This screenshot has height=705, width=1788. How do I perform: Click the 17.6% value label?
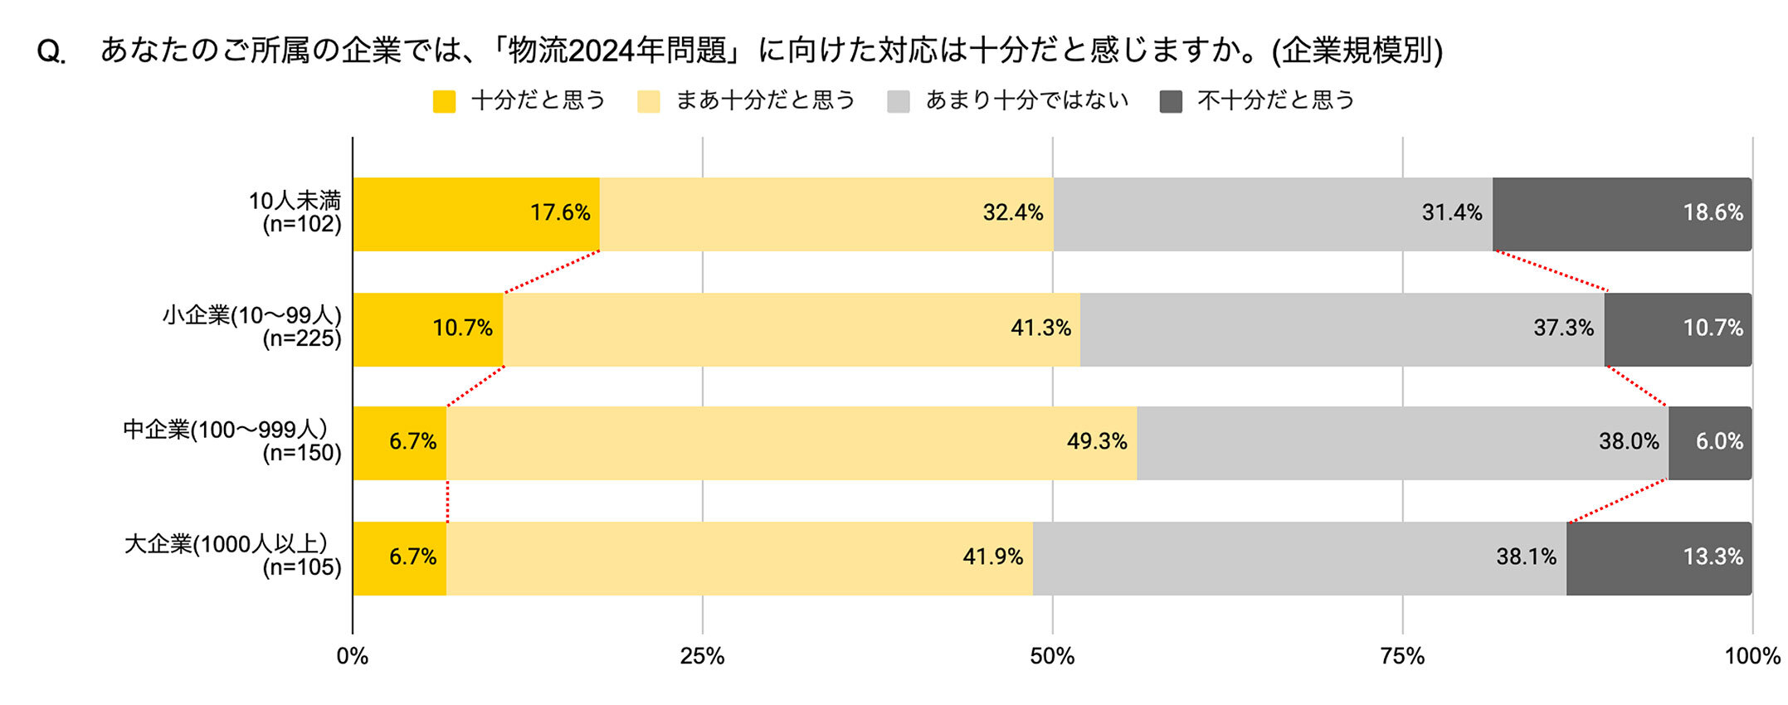(560, 213)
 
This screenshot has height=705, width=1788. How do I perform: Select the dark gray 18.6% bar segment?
(1621, 214)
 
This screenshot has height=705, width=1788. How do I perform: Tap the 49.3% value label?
(1097, 442)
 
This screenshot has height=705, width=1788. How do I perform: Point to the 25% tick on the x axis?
(702, 657)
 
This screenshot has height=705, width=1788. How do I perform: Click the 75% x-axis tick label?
(1402, 657)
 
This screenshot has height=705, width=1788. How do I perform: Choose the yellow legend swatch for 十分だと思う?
(444, 101)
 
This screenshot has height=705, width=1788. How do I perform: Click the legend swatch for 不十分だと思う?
(1171, 101)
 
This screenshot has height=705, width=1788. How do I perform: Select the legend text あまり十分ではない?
(1027, 100)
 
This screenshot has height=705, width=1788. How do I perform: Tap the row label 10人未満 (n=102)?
(295, 212)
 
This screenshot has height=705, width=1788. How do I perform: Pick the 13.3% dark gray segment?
(1658, 557)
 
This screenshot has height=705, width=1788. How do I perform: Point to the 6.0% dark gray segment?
(1709, 442)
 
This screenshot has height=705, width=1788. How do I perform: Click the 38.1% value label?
(1526, 557)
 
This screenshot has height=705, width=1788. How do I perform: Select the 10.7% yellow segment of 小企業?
(427, 328)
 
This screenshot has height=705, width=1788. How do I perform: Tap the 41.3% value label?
(1040, 328)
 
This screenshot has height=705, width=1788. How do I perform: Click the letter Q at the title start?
(50, 52)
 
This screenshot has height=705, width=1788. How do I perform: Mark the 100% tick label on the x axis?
(1751, 657)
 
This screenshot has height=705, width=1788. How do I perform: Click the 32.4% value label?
(1012, 213)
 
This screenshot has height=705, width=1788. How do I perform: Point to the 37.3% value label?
(1563, 328)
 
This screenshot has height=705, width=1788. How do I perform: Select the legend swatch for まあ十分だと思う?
(648, 101)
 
